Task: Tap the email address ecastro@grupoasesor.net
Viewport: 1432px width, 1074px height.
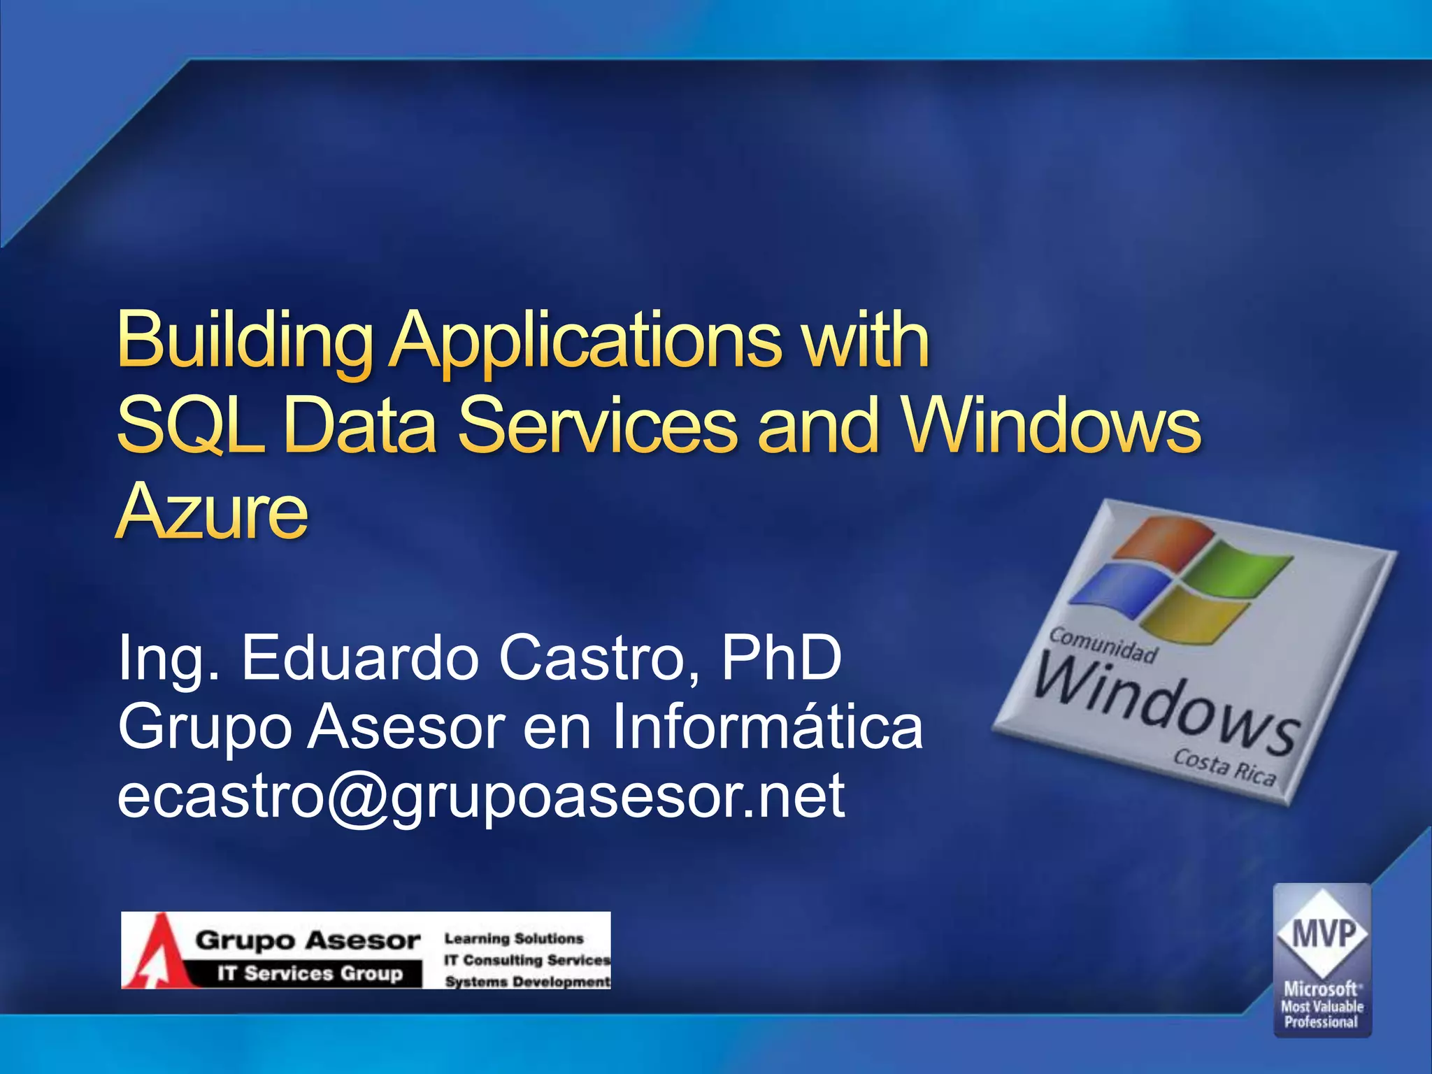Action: click(x=481, y=797)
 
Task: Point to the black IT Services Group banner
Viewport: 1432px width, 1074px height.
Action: click(x=310, y=973)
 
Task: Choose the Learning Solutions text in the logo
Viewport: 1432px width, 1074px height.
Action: click(x=514, y=938)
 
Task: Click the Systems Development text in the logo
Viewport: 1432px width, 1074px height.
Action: click(x=528, y=982)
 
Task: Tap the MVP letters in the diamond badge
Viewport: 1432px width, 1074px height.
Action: click(x=1323, y=934)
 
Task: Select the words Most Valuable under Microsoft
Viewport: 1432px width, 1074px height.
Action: click(x=1322, y=1007)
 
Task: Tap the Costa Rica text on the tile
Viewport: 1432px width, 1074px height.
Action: click(x=1224, y=767)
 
